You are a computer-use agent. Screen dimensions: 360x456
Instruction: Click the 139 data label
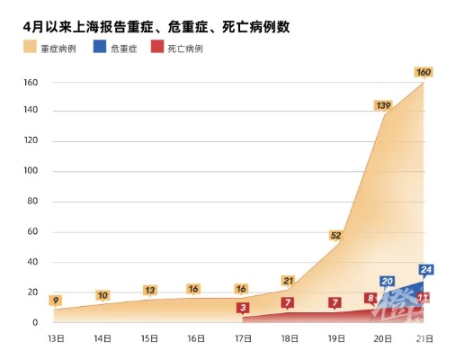pyautogui.click(x=384, y=105)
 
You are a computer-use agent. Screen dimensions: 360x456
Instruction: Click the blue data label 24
pyautogui.click(x=425, y=269)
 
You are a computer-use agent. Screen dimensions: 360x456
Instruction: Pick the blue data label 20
pyautogui.click(x=387, y=282)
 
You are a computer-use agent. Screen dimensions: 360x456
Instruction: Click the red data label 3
pyautogui.click(x=242, y=308)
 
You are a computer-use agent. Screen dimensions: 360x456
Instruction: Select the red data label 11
pyautogui.click(x=423, y=298)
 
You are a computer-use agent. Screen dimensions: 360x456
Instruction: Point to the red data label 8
pyautogui.click(x=371, y=298)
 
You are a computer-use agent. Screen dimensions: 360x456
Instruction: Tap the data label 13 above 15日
pyautogui.click(x=149, y=290)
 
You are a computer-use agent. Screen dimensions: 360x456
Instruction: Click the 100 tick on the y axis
pyautogui.click(x=30, y=172)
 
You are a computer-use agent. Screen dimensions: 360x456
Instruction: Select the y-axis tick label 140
pyautogui.click(x=30, y=112)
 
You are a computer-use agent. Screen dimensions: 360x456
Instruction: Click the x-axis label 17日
pyautogui.click(x=242, y=338)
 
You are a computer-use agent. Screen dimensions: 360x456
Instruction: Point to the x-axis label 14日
pyautogui.click(x=103, y=338)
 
